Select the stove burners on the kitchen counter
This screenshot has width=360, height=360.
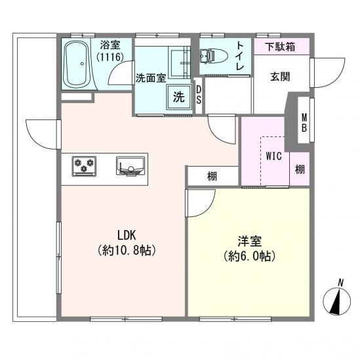pos(83,167)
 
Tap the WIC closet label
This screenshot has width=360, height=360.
pos(274,157)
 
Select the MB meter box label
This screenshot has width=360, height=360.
pos(304,123)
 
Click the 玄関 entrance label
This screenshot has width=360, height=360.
pos(280,76)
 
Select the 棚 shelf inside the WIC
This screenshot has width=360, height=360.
pos(300,169)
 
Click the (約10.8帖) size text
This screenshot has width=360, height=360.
pos(127,250)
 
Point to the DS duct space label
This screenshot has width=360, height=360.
pos(199,95)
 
